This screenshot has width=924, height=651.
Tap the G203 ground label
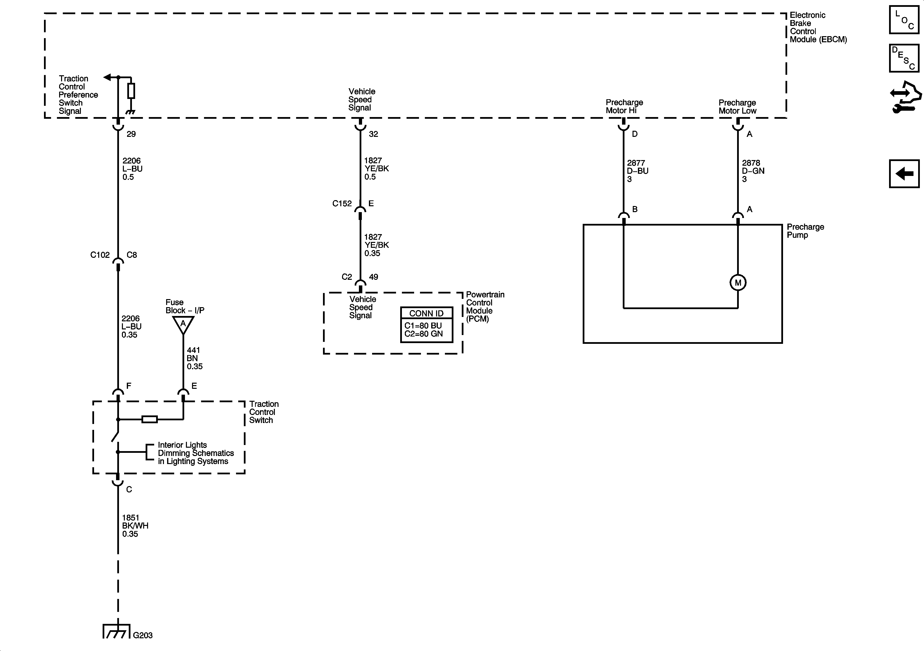click(143, 635)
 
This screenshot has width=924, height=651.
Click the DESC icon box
click(904, 58)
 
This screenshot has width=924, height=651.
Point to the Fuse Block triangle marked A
click(183, 324)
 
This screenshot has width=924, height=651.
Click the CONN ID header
click(426, 313)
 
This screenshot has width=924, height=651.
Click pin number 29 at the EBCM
click(131, 134)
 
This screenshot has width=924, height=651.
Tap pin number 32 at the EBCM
click(374, 134)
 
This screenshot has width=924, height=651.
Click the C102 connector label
click(100, 255)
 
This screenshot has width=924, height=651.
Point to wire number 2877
click(636, 163)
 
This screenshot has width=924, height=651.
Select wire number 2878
click(751, 163)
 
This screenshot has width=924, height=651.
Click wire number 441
click(193, 350)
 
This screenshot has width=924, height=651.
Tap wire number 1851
click(130, 518)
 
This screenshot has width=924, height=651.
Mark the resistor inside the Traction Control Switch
click(150, 420)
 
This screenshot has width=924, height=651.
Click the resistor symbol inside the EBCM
click(131, 91)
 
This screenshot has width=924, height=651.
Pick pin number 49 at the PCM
click(374, 277)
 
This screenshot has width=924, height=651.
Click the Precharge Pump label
click(805, 231)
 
